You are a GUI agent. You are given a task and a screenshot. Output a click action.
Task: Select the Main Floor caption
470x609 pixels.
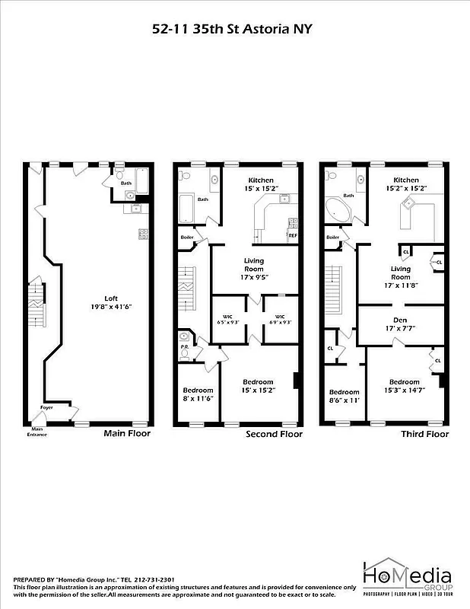tap(127, 434)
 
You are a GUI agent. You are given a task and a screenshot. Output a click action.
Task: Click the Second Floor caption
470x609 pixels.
tap(274, 434)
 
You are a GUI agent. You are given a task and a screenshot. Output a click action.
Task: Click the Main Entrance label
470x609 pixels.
tap(37, 432)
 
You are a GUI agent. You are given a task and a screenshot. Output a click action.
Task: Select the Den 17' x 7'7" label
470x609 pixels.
tap(400, 324)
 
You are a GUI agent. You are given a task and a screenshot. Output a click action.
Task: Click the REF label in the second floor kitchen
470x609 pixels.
tap(292, 235)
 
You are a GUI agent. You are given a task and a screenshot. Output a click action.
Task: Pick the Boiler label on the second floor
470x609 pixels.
tap(187, 237)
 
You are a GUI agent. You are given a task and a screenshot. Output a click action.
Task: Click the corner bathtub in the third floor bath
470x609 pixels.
tap(337, 209)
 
